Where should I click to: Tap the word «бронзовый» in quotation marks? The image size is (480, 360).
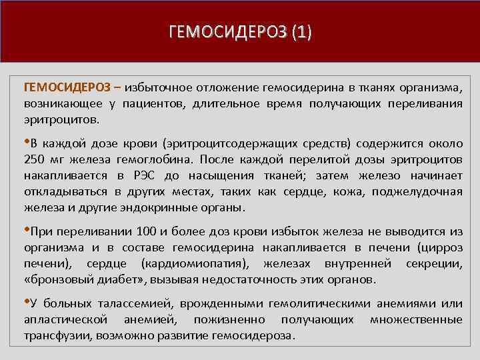pos(57,279)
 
